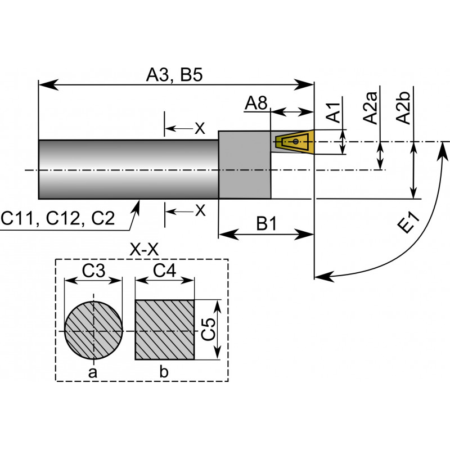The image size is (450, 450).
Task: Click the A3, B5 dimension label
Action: point(174,75)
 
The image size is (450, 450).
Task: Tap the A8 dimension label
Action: point(256,103)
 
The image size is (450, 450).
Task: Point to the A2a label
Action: point(370,107)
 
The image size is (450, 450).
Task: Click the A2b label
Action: point(403,107)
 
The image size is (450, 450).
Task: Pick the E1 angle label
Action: point(409,223)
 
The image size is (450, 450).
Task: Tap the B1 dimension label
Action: point(267,223)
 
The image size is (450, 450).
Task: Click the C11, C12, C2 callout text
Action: point(58,218)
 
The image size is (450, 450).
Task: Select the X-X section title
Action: point(144,250)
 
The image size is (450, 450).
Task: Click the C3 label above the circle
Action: point(93,271)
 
